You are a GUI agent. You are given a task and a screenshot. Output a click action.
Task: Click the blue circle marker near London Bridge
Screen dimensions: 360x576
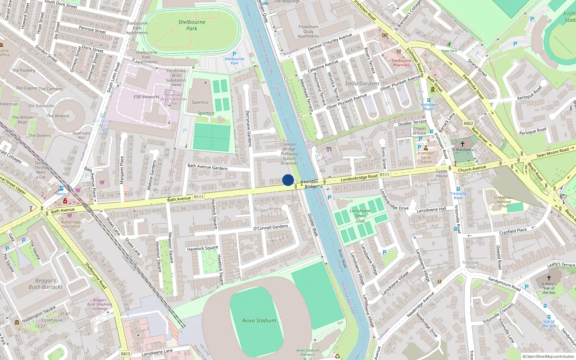[288, 180]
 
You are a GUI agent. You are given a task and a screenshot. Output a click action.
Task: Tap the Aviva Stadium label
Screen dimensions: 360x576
[259, 320]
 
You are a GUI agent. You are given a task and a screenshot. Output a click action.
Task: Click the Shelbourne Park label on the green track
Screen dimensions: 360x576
[192, 25]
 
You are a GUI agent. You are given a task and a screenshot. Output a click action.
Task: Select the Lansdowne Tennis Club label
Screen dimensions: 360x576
[360, 216]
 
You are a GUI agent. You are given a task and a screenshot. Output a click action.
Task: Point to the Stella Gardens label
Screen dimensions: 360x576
[362, 84]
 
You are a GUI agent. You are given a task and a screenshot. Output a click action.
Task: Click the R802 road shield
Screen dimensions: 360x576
[468, 123]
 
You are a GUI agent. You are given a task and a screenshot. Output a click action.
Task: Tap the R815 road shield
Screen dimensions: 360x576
[126, 354]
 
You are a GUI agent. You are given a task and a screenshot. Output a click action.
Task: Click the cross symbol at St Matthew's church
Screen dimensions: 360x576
[463, 144]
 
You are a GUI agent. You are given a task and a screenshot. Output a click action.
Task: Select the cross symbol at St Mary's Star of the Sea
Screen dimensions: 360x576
[549, 278]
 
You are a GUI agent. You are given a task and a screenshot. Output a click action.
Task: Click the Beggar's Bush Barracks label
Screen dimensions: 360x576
[46, 284]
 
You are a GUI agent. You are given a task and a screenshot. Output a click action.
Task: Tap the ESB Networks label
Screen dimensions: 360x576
[146, 97]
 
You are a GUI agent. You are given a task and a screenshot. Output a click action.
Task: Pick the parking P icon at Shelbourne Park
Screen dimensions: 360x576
[234, 54]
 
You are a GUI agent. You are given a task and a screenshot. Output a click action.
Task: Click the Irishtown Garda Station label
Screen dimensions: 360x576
[426, 157]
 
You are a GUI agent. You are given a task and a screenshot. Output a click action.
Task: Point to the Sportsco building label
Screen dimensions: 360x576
[200, 102]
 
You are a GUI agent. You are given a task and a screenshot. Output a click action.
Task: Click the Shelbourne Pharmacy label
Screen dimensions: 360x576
[401, 63]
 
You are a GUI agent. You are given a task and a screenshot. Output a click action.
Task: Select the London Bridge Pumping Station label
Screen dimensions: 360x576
[289, 154]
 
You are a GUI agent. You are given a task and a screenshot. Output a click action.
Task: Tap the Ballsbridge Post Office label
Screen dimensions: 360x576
[71, 224]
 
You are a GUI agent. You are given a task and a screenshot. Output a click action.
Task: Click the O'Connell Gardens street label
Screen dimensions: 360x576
[271, 227]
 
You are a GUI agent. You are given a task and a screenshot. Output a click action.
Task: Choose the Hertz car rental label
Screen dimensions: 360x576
[60, 194]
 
